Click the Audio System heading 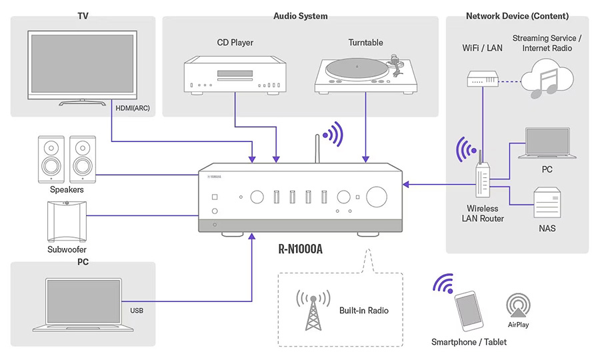pos(300,16)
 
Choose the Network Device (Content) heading pos(517,16)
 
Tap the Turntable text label pos(365,43)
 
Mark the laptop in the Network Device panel pos(547,143)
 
